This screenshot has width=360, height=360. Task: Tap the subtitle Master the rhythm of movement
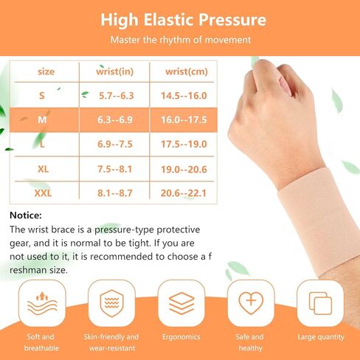180,40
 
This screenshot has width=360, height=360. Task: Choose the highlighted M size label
41,119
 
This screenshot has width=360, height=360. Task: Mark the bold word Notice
26,215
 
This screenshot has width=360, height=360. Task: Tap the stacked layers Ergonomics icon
181,303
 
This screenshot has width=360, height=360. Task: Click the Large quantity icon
320,303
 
